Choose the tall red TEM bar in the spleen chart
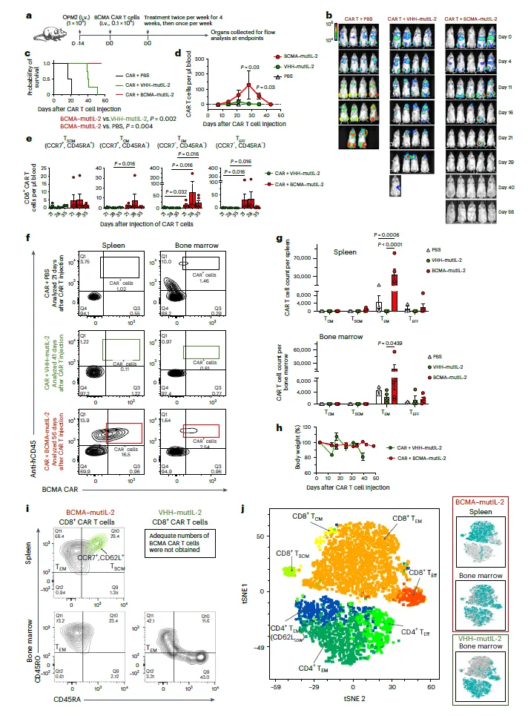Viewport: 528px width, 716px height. [395, 286]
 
